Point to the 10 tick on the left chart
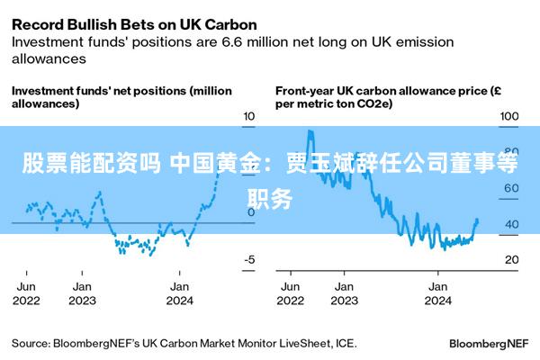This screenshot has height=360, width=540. coord(249,116)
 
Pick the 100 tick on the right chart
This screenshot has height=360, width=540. coord(510,116)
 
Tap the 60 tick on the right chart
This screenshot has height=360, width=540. coord(510,188)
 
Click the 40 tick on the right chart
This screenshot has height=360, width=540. coord(510,224)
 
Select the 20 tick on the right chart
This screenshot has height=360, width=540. coord(510,259)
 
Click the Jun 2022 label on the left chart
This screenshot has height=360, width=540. coord(26,293)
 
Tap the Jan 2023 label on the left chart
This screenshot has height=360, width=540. coord(82,293)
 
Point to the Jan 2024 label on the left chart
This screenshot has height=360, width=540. coord(179,293)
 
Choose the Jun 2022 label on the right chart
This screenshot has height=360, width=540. coord(290,293)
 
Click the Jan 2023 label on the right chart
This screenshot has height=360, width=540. coord(344,293)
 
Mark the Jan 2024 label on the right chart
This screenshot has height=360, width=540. coord(437,293)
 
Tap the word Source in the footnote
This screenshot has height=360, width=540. coord(30,343)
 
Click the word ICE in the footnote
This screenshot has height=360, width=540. coord(345,343)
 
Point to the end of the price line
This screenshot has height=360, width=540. coord(477,220)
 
